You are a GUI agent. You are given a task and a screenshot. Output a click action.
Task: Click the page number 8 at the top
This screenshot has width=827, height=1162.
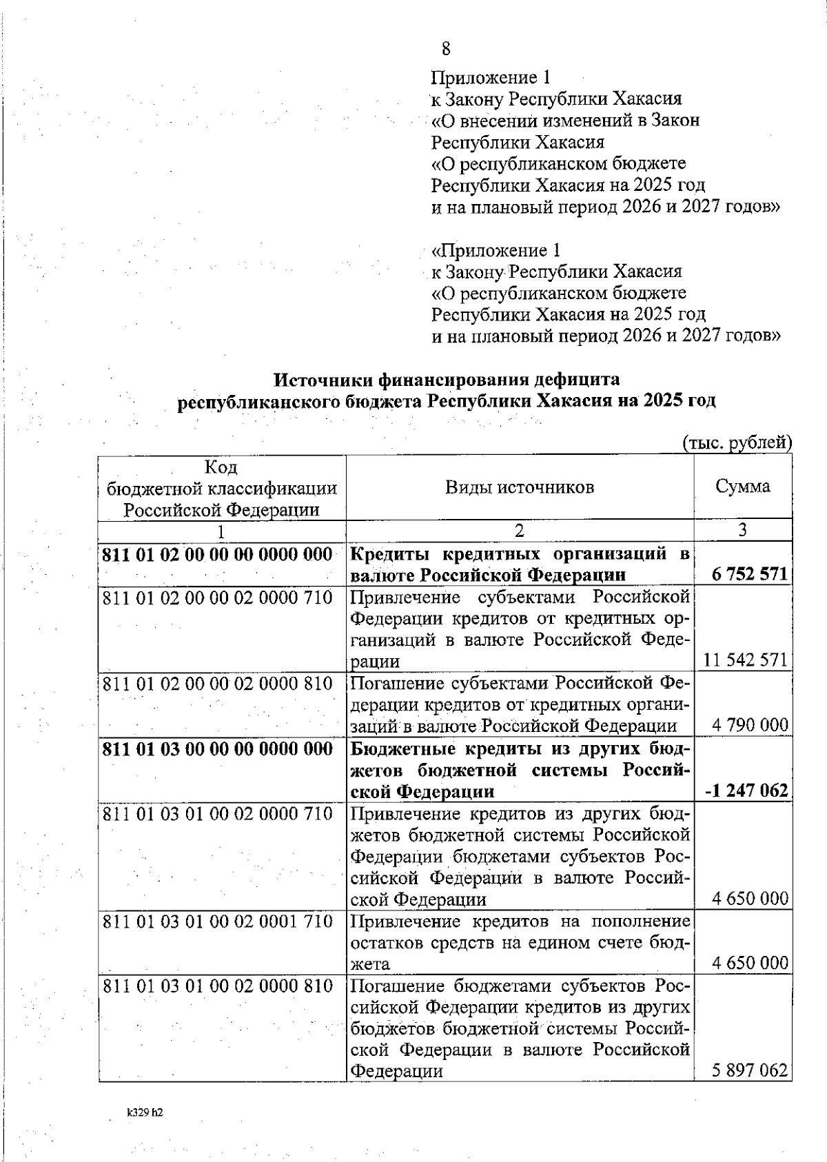pos(446,48)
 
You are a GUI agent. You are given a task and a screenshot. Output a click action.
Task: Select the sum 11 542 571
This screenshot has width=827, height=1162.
pos(744,660)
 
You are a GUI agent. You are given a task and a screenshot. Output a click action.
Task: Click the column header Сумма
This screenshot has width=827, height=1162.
pos(742,487)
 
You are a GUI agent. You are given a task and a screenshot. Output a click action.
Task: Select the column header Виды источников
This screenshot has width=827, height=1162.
pos(519,488)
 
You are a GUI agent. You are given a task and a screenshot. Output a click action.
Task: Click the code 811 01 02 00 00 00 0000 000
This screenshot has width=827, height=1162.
pos(218,554)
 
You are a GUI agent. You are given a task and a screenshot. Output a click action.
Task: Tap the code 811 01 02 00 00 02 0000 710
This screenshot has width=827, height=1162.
pos(218,597)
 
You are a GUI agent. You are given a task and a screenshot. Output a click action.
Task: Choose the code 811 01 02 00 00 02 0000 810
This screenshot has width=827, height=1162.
pos(218,684)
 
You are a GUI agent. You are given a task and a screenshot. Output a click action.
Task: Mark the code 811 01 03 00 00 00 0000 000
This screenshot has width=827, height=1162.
pos(218,748)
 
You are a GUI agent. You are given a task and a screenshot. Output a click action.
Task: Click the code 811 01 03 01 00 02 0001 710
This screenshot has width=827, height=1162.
pos(218,921)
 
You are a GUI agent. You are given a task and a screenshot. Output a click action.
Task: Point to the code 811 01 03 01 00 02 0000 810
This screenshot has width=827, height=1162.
pos(218,986)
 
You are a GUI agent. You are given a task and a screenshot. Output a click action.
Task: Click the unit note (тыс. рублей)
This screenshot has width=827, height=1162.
pos(737,442)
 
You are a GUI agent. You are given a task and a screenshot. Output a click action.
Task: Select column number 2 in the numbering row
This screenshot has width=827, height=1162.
pos(519,530)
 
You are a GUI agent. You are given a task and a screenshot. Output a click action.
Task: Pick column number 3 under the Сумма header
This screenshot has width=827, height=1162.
pos(742,530)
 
